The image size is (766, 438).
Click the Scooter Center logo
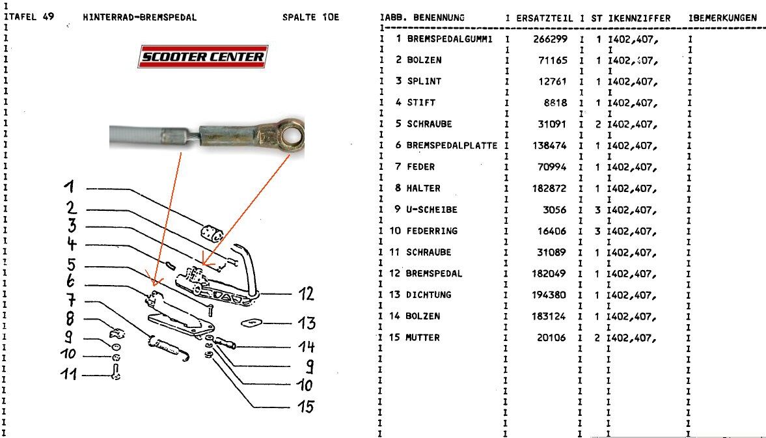click(x=202, y=57)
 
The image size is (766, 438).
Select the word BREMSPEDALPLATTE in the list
click(x=452, y=146)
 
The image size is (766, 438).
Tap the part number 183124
click(x=551, y=316)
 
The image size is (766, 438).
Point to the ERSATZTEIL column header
click(x=544, y=18)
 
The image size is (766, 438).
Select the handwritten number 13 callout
click(x=305, y=323)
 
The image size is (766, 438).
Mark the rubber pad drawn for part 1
click(x=211, y=232)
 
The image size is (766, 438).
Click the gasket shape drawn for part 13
click(x=251, y=322)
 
